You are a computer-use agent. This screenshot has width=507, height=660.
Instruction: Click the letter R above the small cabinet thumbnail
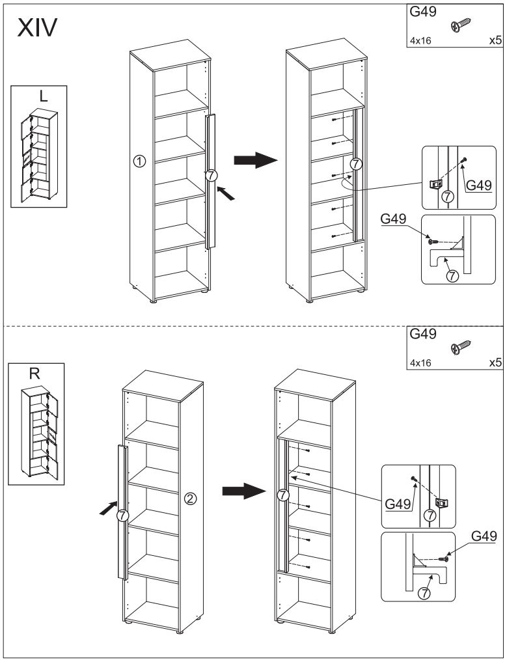pos(35,374)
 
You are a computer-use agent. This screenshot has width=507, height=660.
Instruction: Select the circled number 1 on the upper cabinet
pos(139,161)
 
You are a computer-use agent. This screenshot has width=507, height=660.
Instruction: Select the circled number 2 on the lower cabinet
pos(191,499)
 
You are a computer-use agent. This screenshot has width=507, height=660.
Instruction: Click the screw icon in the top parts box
pos(461,25)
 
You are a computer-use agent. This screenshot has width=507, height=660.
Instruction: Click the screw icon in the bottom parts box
pos(461,348)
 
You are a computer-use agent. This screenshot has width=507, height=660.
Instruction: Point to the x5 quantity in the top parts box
pos(494,40)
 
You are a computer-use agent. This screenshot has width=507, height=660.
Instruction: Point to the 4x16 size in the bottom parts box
pos(420,363)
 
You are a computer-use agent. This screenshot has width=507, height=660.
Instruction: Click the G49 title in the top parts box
pos(422,12)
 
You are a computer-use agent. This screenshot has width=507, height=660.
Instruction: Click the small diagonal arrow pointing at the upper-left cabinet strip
pos(224,193)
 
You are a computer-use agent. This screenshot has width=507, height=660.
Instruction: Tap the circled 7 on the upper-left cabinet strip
pos(210,175)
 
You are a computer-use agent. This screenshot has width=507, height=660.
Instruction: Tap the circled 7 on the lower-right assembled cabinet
pos(283,495)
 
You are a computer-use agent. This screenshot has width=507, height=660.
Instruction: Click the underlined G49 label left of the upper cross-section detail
pos(394,221)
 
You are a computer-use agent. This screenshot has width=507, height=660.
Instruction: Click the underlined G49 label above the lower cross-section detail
pos(484,536)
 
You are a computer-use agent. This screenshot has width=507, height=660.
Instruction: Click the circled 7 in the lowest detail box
pos(424,593)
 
